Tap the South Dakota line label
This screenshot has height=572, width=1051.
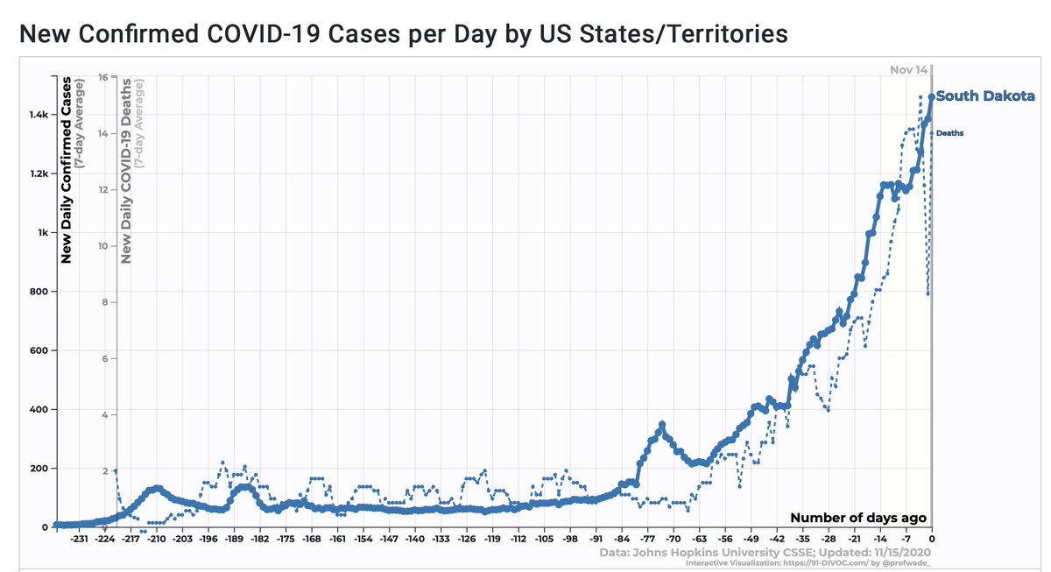(x=985, y=96)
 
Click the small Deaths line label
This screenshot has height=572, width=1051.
(x=949, y=133)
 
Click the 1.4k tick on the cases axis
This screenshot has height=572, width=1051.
(x=38, y=115)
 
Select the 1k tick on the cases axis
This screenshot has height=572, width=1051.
(x=43, y=233)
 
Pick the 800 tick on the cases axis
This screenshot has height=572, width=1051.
(x=40, y=292)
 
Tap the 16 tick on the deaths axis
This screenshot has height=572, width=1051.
(x=102, y=77)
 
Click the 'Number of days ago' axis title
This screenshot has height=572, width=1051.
(x=857, y=518)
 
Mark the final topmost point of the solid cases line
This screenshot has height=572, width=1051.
(x=931, y=97)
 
